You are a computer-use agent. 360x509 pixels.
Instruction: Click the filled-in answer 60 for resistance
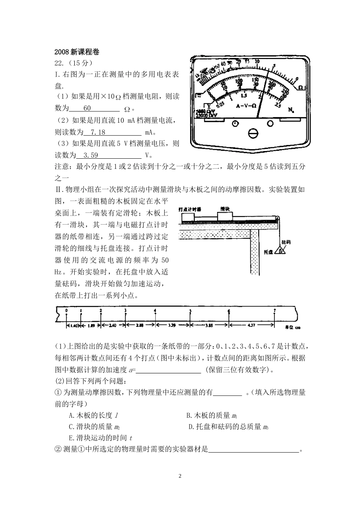[87, 108]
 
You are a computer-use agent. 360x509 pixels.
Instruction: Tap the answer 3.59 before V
[91, 155]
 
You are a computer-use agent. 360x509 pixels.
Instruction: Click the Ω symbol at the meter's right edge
[301, 87]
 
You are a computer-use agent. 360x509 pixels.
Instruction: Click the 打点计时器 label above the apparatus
[189, 209]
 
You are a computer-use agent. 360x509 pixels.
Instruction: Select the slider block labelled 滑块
[225, 215]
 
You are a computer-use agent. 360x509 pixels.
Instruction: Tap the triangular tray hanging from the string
[280, 251]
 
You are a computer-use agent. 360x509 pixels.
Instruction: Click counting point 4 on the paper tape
[155, 311]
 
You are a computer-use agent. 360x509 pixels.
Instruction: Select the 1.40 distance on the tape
[74, 325]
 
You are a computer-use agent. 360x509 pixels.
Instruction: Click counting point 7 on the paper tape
[274, 311]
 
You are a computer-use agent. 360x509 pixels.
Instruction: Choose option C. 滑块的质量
[94, 427]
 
